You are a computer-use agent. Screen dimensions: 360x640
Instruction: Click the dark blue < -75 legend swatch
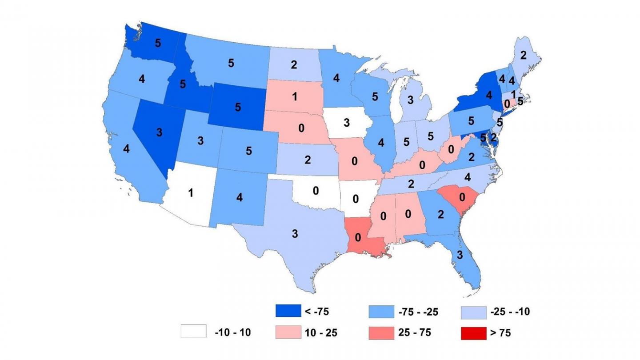pyautogui.click(x=287, y=312)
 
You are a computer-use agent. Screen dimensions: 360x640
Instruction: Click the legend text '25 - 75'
pyautogui.click(x=414, y=332)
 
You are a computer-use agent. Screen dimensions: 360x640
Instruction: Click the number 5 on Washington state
pyautogui.click(x=158, y=43)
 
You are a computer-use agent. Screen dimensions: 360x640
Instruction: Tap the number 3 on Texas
pyautogui.click(x=294, y=234)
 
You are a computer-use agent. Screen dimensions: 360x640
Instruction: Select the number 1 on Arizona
pyautogui.click(x=191, y=193)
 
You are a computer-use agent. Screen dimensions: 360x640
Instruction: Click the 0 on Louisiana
pyautogui.click(x=357, y=237)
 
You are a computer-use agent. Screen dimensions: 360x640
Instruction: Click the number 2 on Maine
pyautogui.click(x=523, y=56)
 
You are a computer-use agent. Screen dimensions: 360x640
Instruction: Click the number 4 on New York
pyautogui.click(x=476, y=95)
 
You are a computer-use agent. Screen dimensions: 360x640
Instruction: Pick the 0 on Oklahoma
pyautogui.click(x=316, y=191)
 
